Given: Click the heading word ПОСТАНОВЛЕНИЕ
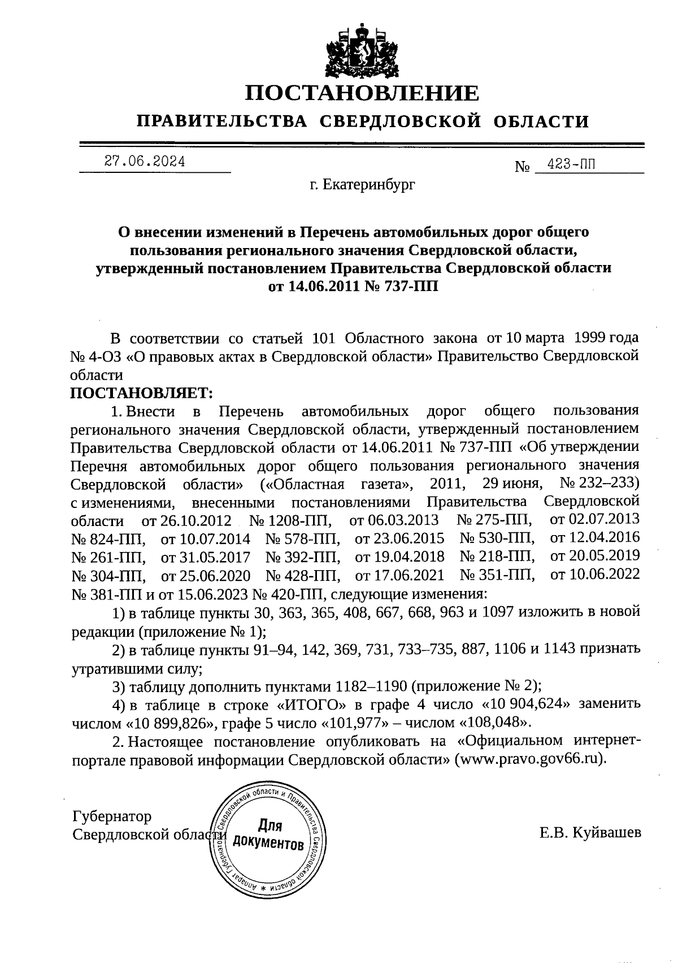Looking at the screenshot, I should click(x=362, y=92).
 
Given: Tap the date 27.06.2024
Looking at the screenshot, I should click(x=145, y=162).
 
